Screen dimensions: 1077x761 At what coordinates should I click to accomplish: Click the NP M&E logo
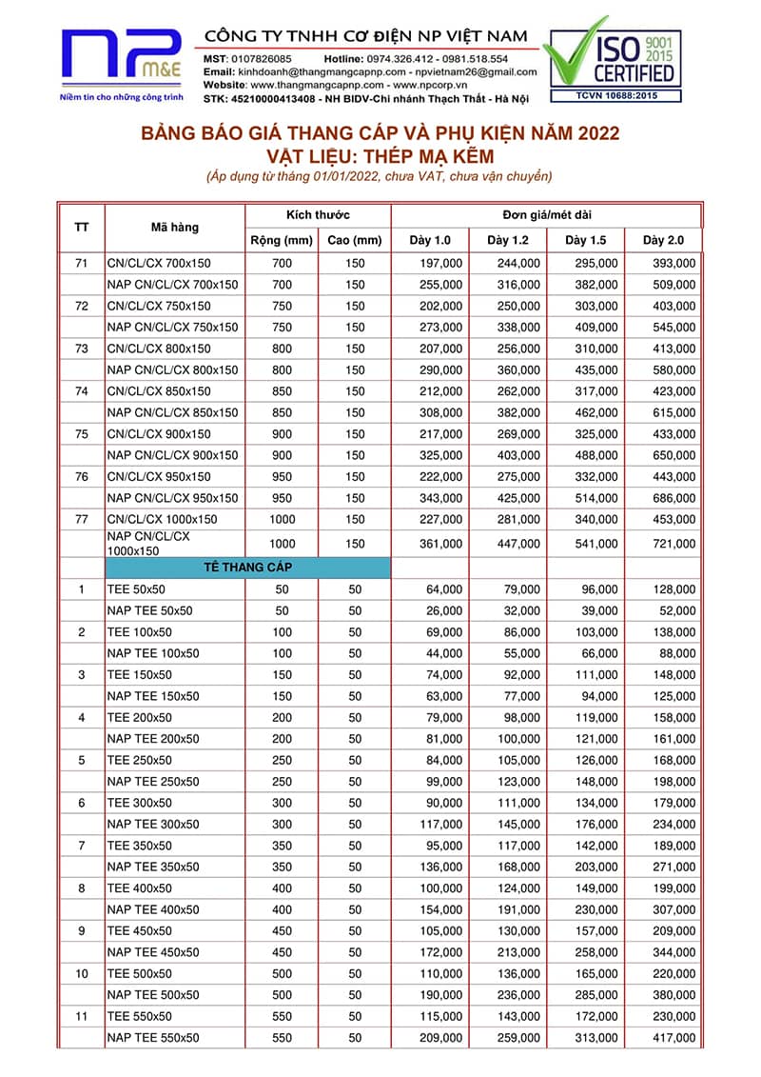click(x=121, y=57)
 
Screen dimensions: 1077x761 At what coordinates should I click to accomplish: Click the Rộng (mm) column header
click(x=281, y=240)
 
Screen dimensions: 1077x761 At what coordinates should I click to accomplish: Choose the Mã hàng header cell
click(x=174, y=227)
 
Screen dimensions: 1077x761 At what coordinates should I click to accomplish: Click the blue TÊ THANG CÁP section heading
click(x=246, y=568)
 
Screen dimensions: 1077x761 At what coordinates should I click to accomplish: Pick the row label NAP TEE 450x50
click(x=153, y=952)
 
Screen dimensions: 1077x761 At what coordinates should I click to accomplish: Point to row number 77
click(x=81, y=519)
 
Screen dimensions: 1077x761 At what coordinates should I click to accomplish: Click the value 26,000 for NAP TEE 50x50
click(x=440, y=610)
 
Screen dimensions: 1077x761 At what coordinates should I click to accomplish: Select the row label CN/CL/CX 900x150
click(x=159, y=433)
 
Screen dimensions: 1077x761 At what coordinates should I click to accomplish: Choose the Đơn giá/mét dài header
click(x=546, y=215)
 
